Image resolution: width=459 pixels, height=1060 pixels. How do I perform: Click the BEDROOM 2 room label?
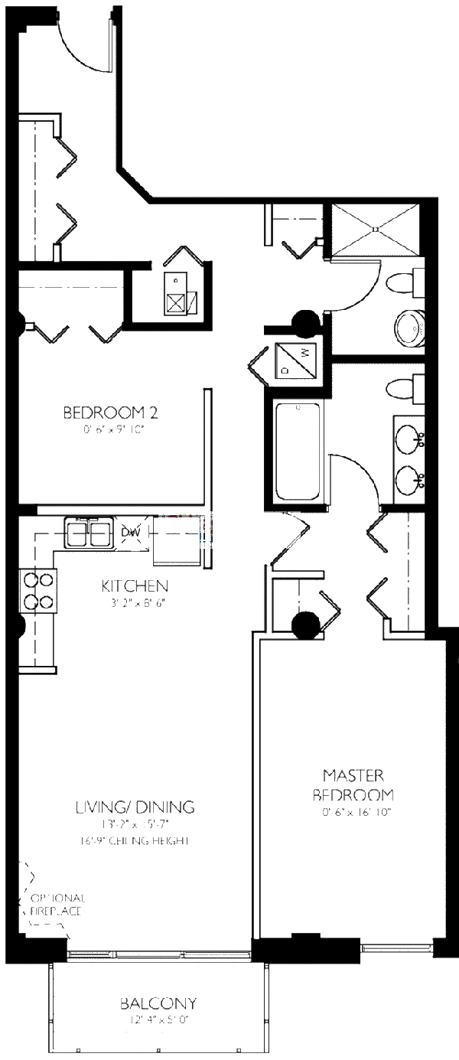tap(110, 413)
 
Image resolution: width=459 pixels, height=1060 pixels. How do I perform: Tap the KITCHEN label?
tap(135, 586)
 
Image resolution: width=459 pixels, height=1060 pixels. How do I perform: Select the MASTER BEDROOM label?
tap(357, 784)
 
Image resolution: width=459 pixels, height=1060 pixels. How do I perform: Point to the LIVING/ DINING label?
tap(135, 807)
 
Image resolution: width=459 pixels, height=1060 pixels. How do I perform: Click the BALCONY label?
tap(158, 1003)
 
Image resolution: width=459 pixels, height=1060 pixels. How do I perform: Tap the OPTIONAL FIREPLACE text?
tap(57, 905)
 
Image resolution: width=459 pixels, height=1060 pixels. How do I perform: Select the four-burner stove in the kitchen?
tap(39, 590)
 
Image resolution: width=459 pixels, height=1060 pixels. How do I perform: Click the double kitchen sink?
tap(90, 533)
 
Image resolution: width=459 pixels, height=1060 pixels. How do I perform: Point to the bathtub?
tap(298, 452)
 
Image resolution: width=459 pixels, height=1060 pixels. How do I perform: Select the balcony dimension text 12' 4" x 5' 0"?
tap(158, 1020)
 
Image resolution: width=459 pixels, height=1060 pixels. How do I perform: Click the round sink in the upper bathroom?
tap(411, 328)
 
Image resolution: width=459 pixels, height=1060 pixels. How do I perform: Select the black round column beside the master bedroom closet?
tap(306, 625)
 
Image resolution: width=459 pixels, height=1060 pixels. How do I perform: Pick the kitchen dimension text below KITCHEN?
tap(135, 602)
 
